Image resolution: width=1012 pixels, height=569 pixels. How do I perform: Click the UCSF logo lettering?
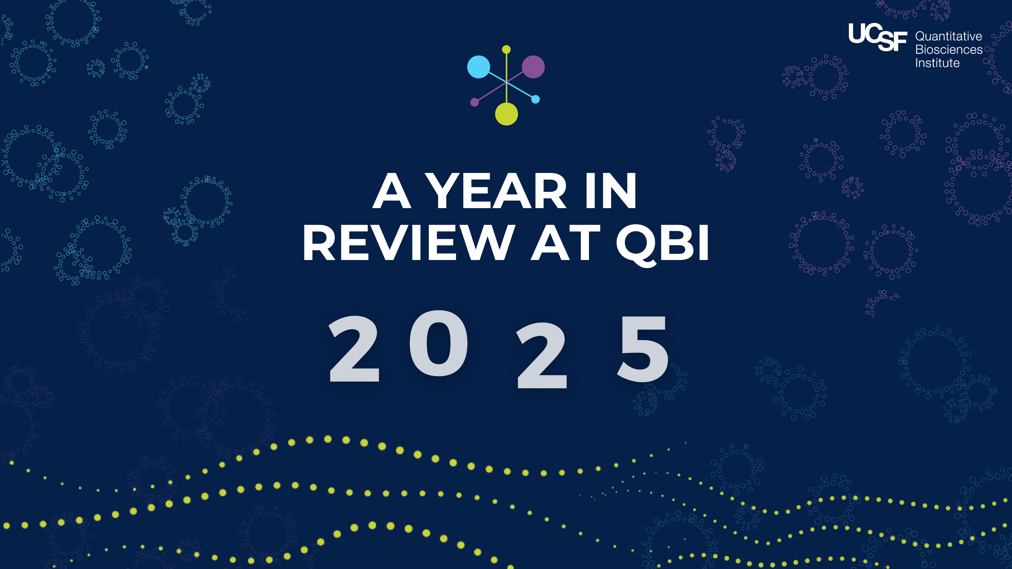click(x=878, y=37)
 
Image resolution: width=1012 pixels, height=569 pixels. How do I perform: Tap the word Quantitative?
click(x=948, y=37)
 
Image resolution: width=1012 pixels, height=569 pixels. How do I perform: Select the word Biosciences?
click(x=949, y=50)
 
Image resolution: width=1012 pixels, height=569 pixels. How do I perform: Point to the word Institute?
click(x=937, y=63)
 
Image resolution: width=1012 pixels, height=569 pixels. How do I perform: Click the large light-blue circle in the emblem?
click(x=479, y=67)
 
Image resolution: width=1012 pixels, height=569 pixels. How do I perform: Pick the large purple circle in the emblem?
click(x=533, y=67)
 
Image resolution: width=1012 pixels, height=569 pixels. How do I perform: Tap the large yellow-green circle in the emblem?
click(x=506, y=114)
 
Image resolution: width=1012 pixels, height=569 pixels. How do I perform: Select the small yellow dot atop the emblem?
click(x=506, y=50)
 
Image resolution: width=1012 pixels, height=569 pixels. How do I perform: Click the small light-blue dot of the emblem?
click(x=536, y=99)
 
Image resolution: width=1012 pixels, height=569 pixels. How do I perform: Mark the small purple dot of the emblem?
click(x=475, y=102)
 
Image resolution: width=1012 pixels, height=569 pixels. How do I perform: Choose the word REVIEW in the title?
click(x=408, y=243)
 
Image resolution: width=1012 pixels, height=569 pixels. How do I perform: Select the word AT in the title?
click(x=566, y=243)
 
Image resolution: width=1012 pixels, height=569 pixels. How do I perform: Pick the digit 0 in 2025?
click(x=439, y=343)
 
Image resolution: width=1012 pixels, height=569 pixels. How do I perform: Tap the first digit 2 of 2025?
click(x=354, y=348)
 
